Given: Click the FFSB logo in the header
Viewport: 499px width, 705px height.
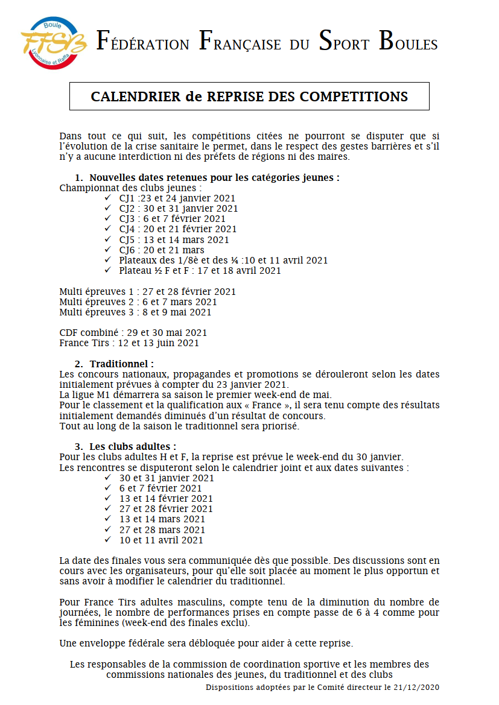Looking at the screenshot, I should coord(53,43).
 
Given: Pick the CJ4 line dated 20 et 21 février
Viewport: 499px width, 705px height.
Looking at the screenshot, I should coord(178,229).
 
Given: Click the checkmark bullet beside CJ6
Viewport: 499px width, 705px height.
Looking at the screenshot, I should coord(108,250).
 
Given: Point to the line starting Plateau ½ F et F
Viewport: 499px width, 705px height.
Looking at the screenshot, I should coord(200,271).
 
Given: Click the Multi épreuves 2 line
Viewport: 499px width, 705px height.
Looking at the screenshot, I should coord(138,302).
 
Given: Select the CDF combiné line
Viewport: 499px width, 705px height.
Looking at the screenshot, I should coord(133,332).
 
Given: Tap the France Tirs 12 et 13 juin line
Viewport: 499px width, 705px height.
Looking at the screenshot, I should coord(129,343).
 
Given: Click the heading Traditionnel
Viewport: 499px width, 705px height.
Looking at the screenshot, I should coord(121,364).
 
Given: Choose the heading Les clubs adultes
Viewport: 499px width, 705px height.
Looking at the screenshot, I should coord(133,447).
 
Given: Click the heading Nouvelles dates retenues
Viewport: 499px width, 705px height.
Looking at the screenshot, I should coord(214,177).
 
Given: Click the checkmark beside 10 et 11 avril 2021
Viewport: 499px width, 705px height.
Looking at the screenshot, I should coord(108,540).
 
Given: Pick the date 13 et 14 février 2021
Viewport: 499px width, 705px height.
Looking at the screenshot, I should coord(166,499).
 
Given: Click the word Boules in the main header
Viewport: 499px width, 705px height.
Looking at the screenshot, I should coord(408,42).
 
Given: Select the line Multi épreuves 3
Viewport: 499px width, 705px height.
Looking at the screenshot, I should coord(135,312).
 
